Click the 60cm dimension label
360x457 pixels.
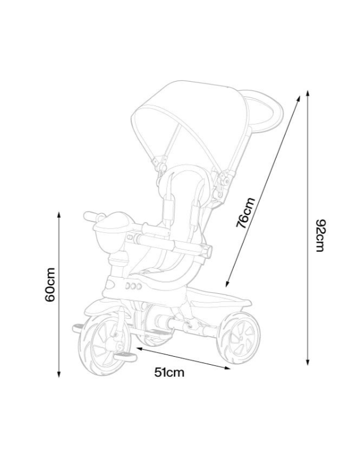coord(50,285)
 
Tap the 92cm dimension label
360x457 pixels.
coord(320,236)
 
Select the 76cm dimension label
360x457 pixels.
coord(245,212)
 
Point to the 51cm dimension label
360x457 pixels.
coord(169,372)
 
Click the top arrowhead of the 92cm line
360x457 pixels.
coord(308,93)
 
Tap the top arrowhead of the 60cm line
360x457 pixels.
coord(59,214)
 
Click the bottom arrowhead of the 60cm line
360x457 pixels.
coord(59,374)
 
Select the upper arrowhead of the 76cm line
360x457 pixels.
coord(298,98)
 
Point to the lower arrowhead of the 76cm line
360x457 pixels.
coord(228,284)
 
